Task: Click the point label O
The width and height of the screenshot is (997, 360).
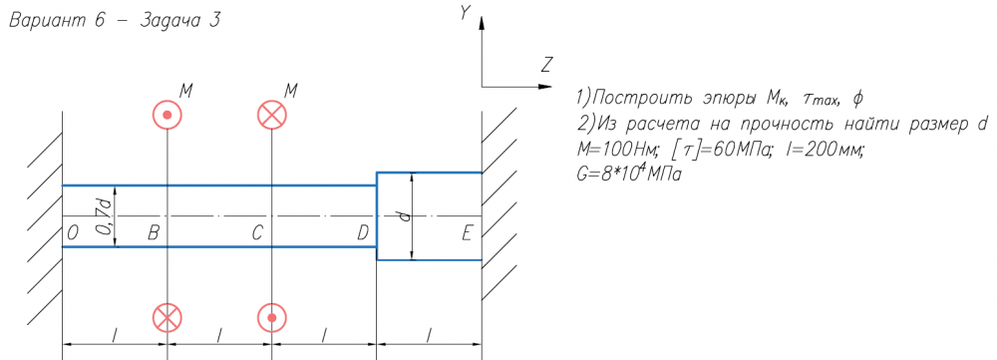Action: pos(73,234)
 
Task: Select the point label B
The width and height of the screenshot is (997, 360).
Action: pos(154,234)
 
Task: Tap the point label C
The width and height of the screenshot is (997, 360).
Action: pos(257,234)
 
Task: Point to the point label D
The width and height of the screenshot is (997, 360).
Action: pos(363,234)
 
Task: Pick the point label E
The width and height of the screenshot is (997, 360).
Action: pos(467,234)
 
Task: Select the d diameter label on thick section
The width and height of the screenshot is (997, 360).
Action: pos(405,216)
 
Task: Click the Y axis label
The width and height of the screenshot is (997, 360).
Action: pos(465,14)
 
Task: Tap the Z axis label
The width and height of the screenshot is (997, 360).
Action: pos(545,64)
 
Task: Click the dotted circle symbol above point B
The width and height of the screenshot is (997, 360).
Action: pos(167,115)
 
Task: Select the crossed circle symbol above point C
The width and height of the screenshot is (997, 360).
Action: pos(272,115)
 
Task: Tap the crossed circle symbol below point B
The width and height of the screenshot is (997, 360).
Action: pos(167,317)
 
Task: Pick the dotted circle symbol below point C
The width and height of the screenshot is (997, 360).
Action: pos(272,317)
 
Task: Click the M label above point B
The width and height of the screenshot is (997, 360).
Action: pos(185,91)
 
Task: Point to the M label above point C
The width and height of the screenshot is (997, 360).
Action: pos(290,91)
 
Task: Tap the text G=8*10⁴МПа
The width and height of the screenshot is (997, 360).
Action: pos(627,173)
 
